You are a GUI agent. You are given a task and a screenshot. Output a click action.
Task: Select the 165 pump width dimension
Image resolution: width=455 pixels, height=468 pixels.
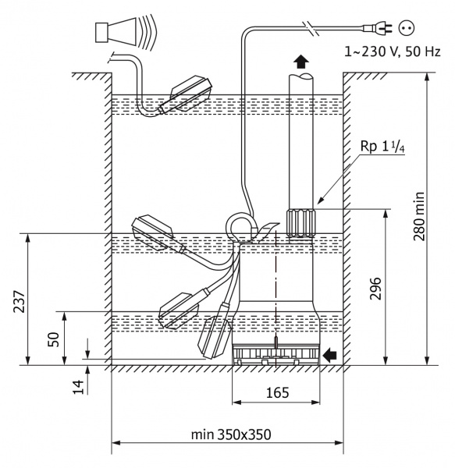click(276, 394)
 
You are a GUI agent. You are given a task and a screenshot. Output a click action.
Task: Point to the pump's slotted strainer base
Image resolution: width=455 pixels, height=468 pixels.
click(275, 354)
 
